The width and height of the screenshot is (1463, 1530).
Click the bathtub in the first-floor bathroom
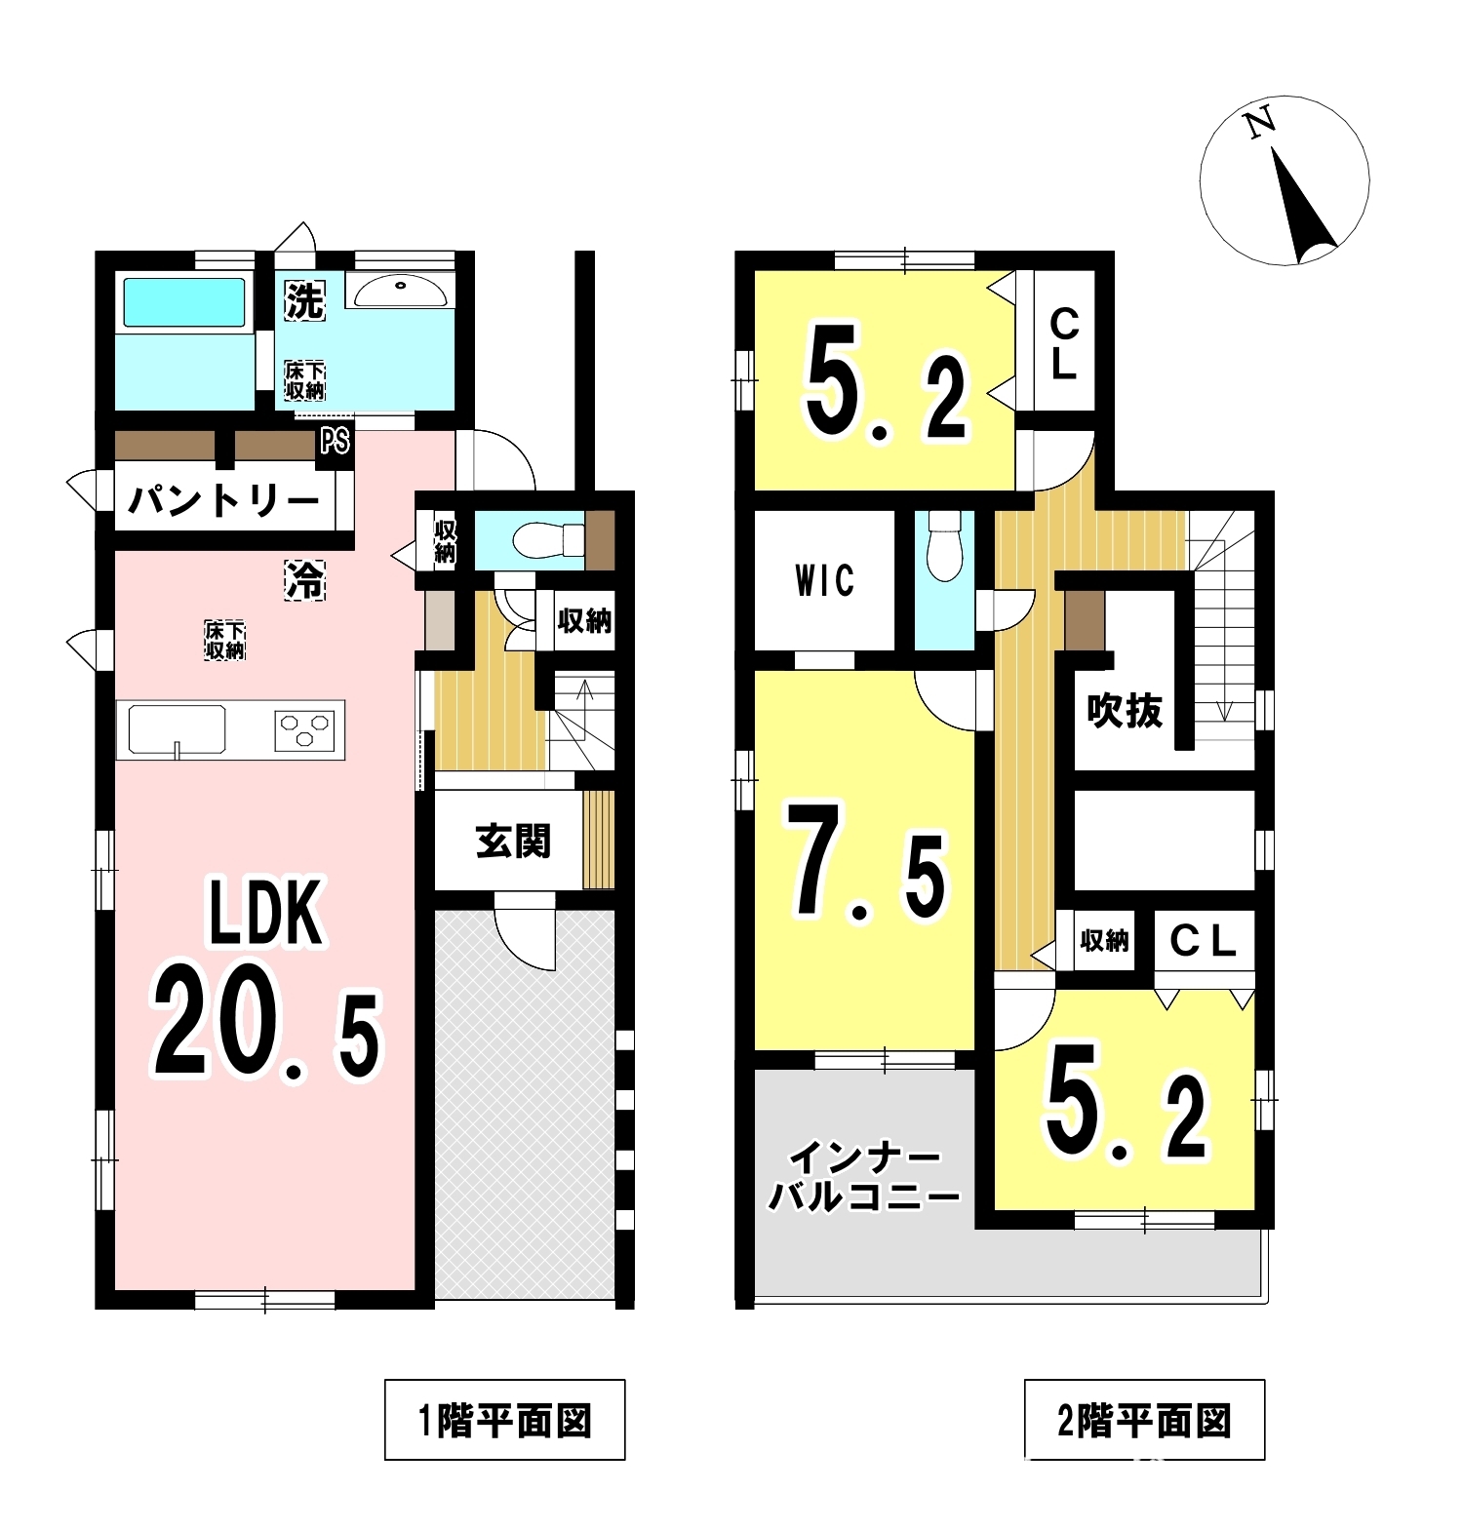point(183,302)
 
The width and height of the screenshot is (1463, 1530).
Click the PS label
point(335,442)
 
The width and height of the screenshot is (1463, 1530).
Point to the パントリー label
point(223,501)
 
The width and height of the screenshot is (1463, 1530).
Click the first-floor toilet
point(546,539)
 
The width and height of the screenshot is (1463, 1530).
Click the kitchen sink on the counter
point(172,729)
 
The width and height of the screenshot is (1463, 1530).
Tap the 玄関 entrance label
point(513,842)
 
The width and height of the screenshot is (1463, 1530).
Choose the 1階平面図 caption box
point(504,1420)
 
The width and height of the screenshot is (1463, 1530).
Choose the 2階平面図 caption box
point(1144,1420)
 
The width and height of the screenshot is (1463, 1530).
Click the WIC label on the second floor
point(825,581)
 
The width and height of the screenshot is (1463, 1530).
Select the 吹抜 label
point(1125,710)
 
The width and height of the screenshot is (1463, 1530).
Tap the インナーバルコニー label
point(864,1177)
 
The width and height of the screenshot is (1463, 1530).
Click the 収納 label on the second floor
point(1104,940)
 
